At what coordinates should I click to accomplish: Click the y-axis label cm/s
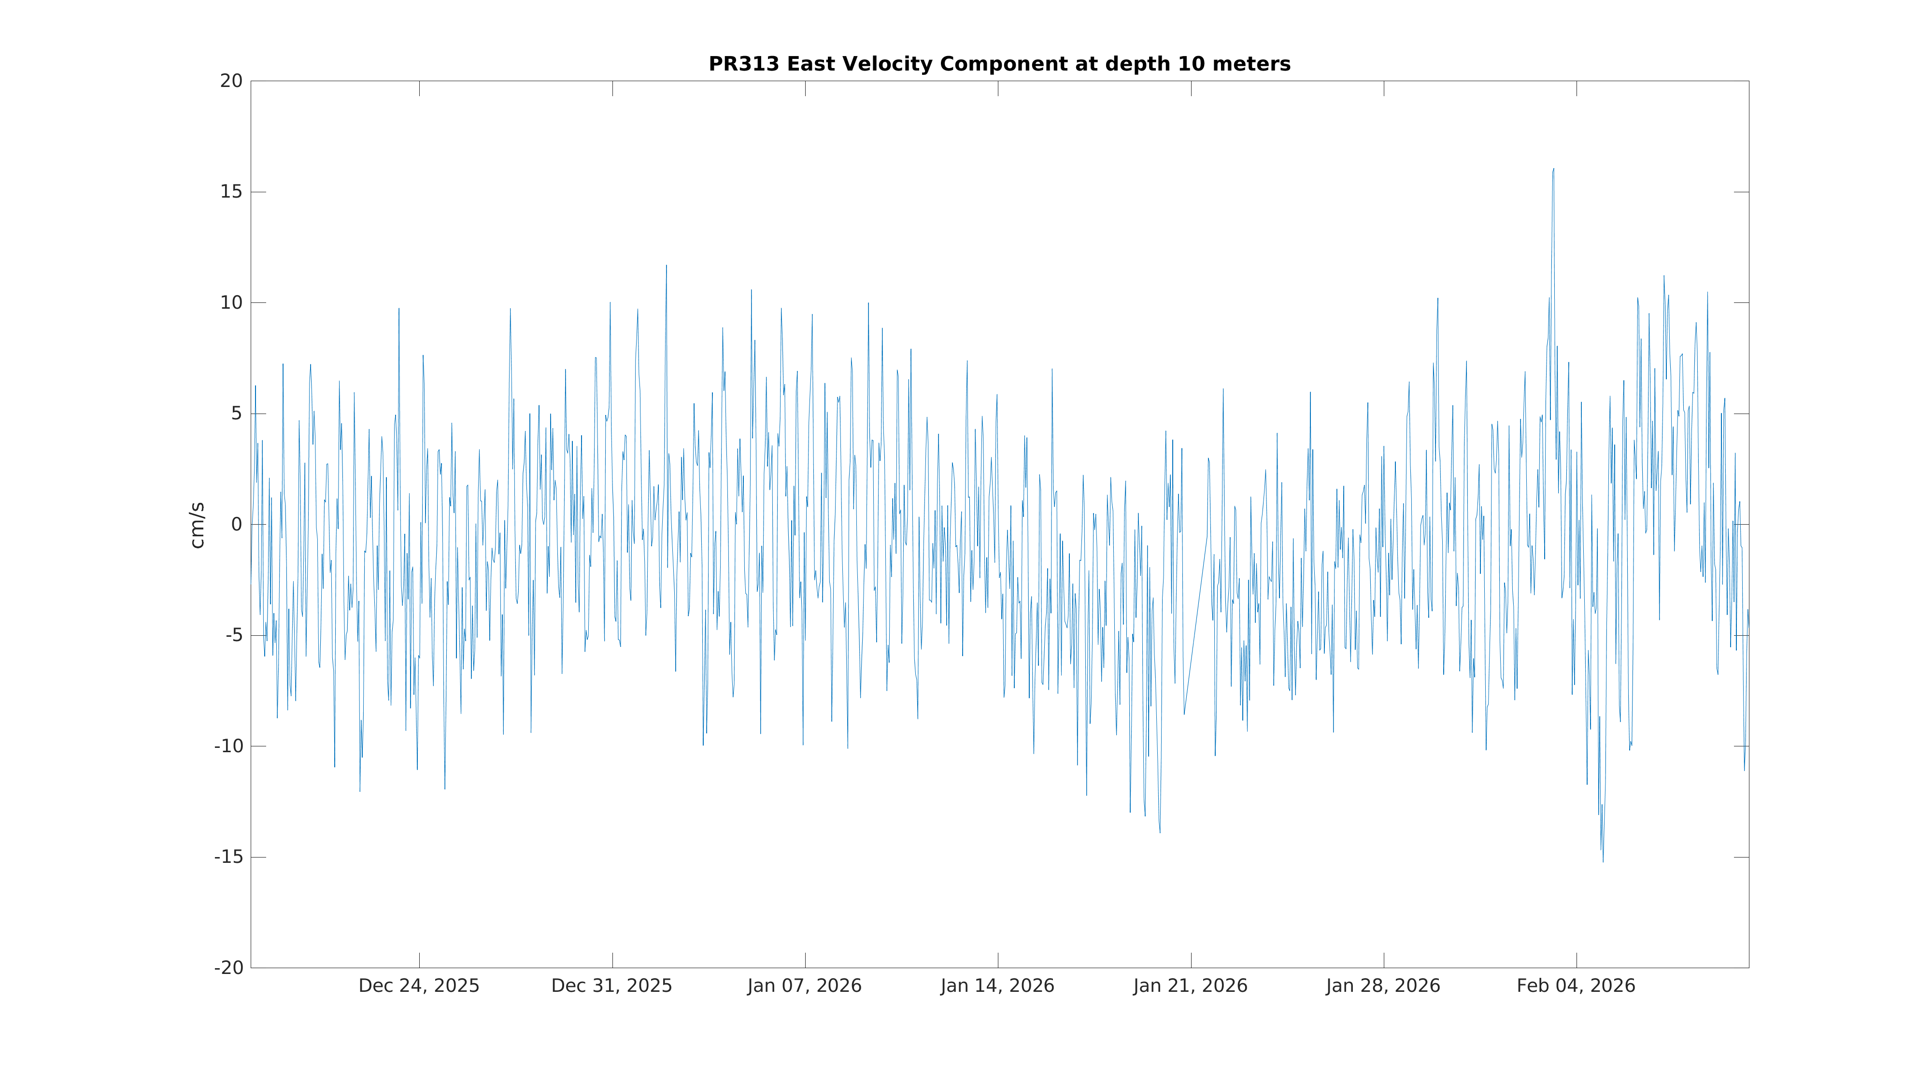pyautogui.click(x=197, y=525)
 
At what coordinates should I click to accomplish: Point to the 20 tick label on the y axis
pyautogui.click(x=231, y=81)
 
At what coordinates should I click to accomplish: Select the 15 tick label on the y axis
pyautogui.click(x=231, y=192)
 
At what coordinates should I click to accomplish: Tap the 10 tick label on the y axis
pyautogui.click(x=231, y=303)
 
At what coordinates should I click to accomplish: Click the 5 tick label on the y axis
pyautogui.click(x=236, y=414)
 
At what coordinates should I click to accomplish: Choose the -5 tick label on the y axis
pyautogui.click(x=233, y=635)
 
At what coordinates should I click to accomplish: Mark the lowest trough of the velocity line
pyautogui.click(x=1603, y=861)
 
